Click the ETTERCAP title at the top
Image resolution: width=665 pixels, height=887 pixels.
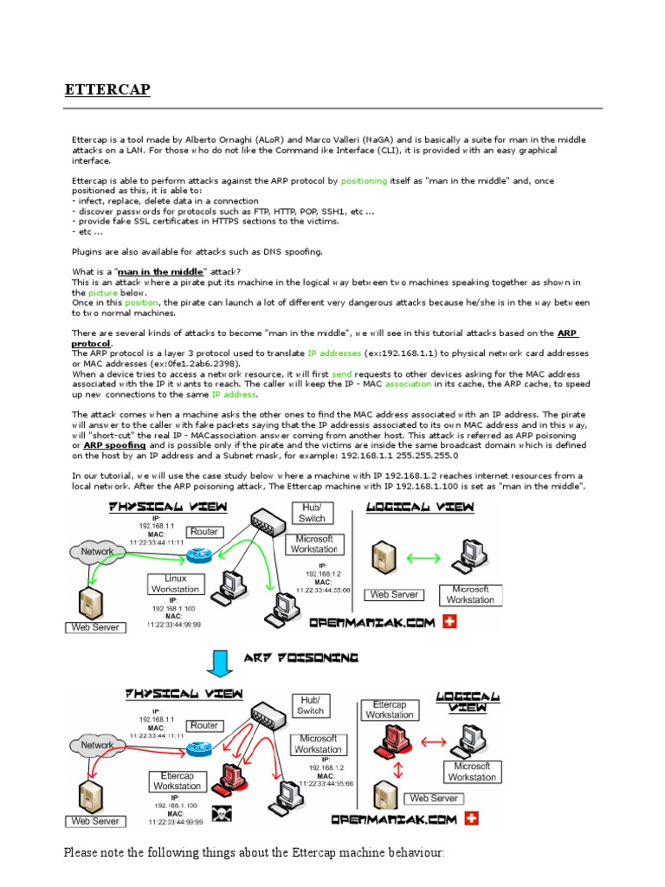point(107,91)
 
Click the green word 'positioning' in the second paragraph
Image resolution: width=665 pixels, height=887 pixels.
point(366,181)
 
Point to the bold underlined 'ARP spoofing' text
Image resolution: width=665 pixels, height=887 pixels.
point(114,445)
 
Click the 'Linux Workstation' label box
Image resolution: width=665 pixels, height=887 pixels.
point(175,584)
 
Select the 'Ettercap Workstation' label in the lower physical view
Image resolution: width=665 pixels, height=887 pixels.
point(177,780)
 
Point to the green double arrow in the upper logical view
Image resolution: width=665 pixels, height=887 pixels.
point(423,560)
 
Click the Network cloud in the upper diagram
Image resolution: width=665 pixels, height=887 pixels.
point(98,551)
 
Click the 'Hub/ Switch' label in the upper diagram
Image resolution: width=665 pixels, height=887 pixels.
point(311,513)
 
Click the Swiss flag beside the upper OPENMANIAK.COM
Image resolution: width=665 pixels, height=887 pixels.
point(449,622)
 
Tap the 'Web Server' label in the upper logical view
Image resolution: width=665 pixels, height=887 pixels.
point(395,595)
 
